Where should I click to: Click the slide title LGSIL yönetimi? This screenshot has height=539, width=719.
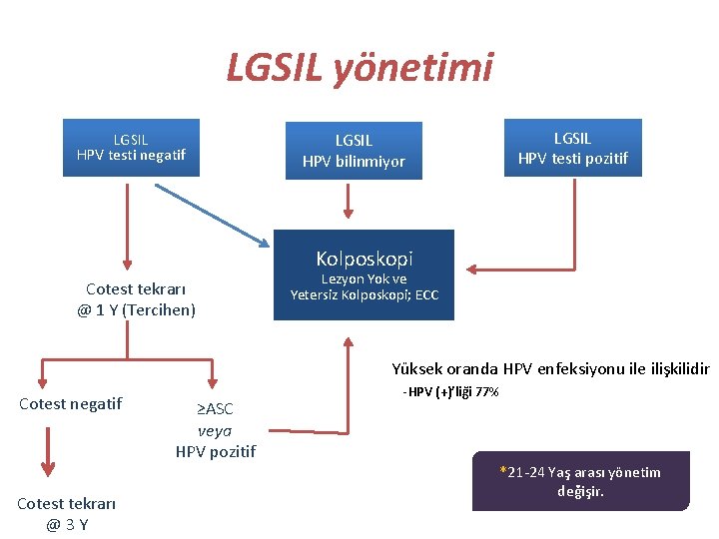tap(359, 68)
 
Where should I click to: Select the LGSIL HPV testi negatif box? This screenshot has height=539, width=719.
tap(131, 148)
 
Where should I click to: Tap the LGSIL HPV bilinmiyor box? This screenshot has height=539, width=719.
tap(355, 151)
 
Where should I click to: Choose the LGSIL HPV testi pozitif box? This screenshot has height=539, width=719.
tap(572, 148)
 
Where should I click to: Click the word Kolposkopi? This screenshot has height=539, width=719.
tap(363, 259)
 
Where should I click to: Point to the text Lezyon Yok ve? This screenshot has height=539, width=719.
tap(363, 279)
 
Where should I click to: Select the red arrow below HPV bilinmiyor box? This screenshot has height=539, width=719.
tap(349, 199)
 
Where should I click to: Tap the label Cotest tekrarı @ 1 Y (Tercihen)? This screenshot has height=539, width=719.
tap(136, 299)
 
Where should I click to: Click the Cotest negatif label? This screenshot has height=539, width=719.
tap(71, 403)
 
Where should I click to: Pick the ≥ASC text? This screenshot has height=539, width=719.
tap(214, 409)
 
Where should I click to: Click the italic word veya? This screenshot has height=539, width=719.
tap(215, 430)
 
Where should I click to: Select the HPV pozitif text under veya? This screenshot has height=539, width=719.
tap(215, 451)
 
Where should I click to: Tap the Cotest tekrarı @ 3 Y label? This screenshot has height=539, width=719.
tap(66, 514)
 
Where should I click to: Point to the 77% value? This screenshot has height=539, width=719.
tap(485, 392)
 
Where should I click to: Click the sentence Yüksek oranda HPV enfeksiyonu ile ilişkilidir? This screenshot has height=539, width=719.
tap(549, 367)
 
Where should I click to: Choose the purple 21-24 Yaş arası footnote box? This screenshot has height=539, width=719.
tap(580, 481)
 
